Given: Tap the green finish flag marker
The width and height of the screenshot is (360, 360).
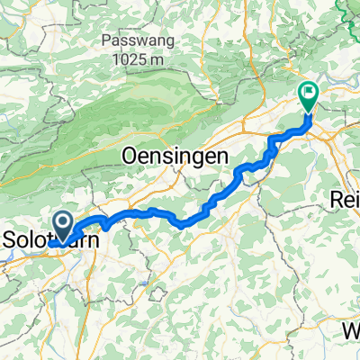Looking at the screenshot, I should coord(309,93).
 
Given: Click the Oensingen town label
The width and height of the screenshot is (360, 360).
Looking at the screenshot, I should coord(171,156).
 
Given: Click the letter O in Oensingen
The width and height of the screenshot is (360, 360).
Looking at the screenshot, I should coord(128,156).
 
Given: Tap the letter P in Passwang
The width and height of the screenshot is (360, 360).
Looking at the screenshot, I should coord(107,41).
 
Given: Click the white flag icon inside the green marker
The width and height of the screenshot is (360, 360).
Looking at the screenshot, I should coord(309,90).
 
